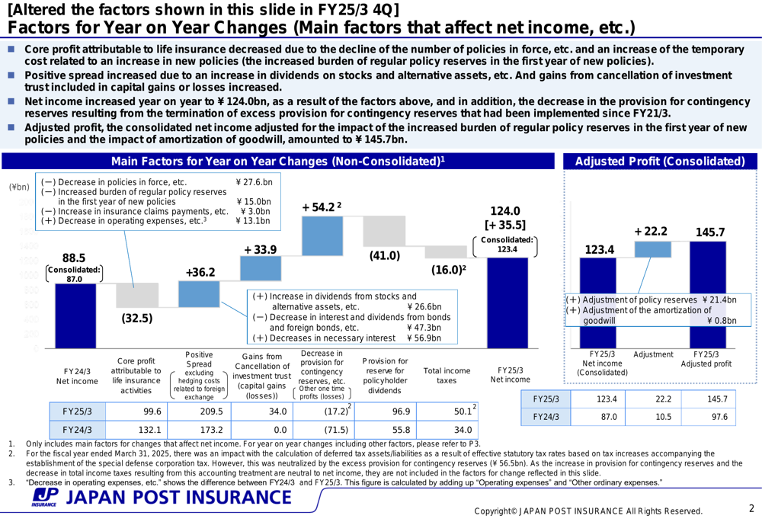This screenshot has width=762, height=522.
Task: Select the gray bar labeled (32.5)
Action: [136, 295]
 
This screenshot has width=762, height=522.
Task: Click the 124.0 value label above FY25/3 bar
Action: [506, 210]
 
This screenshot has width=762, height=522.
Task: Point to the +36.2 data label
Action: [200, 272]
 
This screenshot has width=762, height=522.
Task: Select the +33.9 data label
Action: [261, 250]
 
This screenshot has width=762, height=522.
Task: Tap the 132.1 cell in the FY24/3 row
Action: [138, 431]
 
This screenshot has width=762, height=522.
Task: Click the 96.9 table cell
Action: [386, 412]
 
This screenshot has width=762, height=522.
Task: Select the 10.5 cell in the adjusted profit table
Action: [652, 417]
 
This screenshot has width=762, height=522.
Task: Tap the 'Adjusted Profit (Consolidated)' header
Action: [660, 162]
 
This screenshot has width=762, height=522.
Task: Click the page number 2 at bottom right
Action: [750, 508]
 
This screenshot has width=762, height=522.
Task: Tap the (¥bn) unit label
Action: [18, 187]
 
